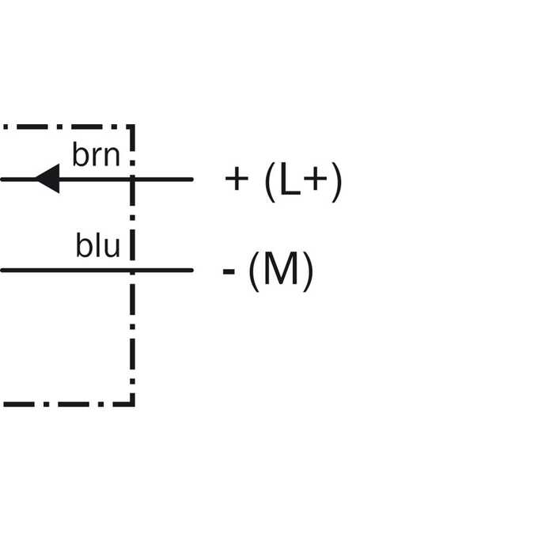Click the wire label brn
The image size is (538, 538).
click(x=96, y=154)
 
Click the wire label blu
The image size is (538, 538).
click(x=98, y=245)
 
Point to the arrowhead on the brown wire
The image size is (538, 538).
click(x=47, y=179)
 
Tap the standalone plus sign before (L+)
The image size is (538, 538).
click(x=237, y=179)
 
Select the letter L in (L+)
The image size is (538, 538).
click(x=290, y=179)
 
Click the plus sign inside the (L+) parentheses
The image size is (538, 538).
click(x=316, y=179)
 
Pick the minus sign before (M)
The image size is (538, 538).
click(x=229, y=271)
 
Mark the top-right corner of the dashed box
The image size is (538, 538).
click(x=133, y=127)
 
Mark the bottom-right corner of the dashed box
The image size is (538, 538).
click(x=133, y=404)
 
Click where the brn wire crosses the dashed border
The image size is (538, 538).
click(x=133, y=179)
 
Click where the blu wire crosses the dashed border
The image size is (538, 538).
click(x=133, y=271)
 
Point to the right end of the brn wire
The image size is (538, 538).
click(x=192, y=179)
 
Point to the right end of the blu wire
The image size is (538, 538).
click(x=192, y=271)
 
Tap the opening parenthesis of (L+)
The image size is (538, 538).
click(x=271, y=182)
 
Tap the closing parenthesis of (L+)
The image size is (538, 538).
click(x=337, y=182)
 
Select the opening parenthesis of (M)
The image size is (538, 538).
click(x=254, y=271)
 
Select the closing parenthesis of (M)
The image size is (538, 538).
click(x=308, y=271)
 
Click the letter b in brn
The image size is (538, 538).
click(x=80, y=154)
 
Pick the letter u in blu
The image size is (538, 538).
click(x=112, y=248)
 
